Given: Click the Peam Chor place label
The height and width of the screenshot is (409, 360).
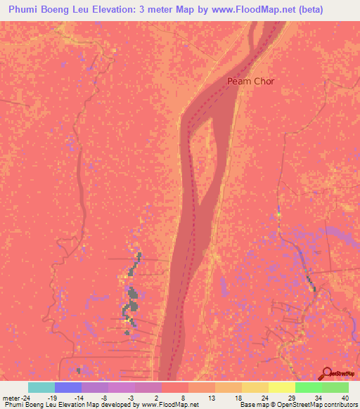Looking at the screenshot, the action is click(x=250, y=82).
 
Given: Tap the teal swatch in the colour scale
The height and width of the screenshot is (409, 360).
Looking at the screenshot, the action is click(x=41, y=387).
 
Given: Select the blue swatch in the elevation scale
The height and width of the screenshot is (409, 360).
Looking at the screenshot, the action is click(x=67, y=387).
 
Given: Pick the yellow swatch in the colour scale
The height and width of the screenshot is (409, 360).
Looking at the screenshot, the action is click(x=281, y=387).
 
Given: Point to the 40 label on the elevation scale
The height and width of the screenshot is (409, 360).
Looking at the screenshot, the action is click(x=345, y=397).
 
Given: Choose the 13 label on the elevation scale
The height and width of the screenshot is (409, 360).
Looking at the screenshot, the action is click(x=211, y=397).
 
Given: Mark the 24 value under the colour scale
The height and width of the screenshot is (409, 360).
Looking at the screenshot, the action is click(x=266, y=397).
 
